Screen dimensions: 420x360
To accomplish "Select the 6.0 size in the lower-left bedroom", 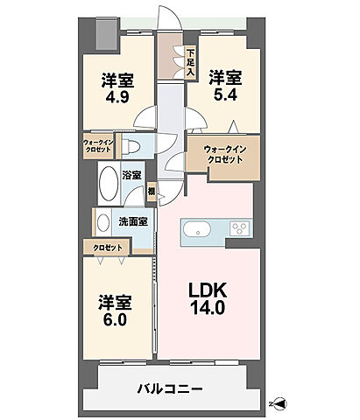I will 116,320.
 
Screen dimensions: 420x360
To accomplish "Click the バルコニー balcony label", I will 171,388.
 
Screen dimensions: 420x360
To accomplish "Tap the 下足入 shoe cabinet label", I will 189,62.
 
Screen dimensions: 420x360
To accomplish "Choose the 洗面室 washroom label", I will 131,222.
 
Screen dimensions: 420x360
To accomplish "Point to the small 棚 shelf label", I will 152,190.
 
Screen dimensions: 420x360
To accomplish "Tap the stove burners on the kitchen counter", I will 239,230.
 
